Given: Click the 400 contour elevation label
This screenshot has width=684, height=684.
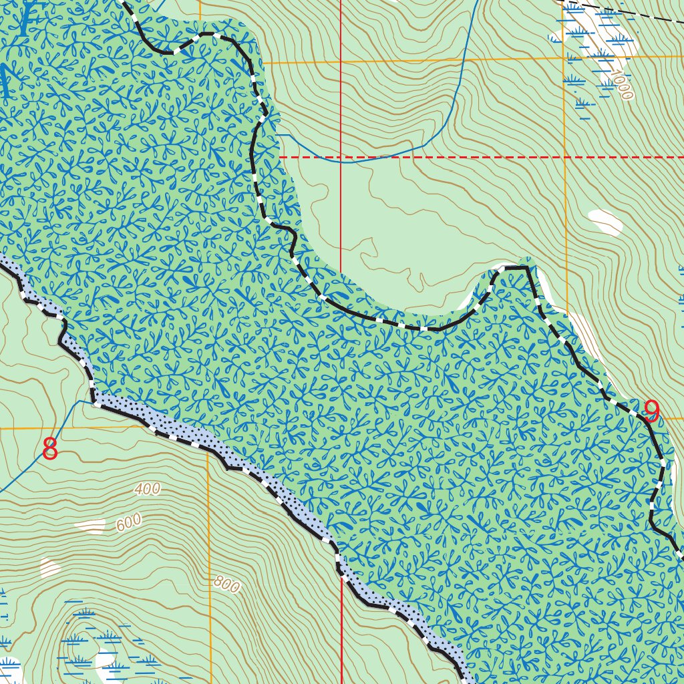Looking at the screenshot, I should point(147,489).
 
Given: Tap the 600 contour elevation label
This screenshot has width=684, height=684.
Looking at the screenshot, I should point(128,522).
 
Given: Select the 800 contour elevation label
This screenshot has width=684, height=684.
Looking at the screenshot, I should point(226,585).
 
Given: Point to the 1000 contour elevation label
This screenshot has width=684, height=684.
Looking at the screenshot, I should point(621,86).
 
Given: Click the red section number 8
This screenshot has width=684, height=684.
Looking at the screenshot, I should point(50,450).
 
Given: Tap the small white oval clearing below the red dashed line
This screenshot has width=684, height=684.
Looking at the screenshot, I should point(606,222).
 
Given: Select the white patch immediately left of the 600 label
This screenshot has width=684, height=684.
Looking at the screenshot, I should point(91,526).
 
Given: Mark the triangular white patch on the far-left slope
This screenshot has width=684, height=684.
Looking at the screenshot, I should point(49,568).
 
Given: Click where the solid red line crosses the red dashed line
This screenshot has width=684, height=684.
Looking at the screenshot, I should point(341,157).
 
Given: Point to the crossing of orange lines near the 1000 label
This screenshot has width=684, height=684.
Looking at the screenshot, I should point(565,57).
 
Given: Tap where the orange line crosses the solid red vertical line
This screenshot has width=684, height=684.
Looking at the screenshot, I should point(341,61).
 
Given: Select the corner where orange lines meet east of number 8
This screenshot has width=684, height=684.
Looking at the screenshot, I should point(208,427).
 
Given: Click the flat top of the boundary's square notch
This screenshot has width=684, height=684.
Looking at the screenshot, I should point(513,267).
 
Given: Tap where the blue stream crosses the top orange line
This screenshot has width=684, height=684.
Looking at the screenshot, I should point(462,59).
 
